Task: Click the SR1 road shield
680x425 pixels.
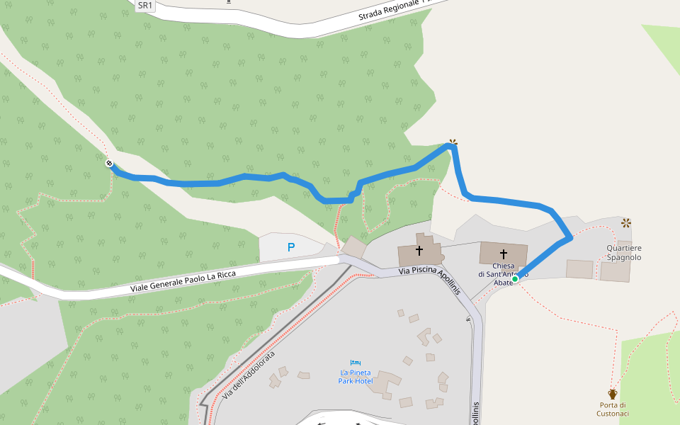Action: (144, 6)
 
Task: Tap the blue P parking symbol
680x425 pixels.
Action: (290, 247)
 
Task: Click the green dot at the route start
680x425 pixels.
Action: (515, 279)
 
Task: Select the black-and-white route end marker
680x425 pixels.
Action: (109, 164)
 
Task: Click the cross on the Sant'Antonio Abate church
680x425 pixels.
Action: (504, 254)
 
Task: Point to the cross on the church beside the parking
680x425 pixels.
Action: (419, 251)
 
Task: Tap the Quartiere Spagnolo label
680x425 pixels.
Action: (623, 253)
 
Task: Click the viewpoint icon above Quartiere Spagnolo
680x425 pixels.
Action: (625, 223)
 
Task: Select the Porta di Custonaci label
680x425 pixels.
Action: (613, 409)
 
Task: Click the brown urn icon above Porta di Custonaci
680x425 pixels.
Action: (613, 393)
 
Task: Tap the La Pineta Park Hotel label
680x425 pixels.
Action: (356, 377)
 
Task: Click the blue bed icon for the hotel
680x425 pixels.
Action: (356, 363)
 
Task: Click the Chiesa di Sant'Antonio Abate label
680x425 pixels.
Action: (503, 274)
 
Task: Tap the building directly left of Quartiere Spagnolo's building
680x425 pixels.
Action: (579, 269)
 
